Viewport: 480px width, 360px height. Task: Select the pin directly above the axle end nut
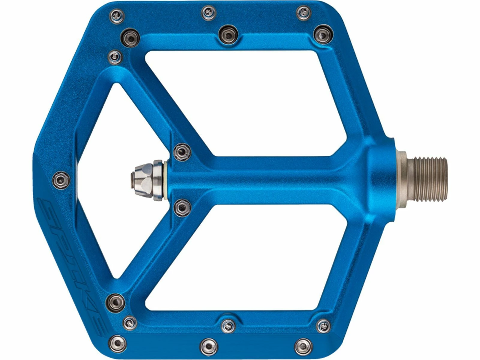coord(182,152)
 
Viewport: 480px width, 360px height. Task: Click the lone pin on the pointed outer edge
coord(61,180)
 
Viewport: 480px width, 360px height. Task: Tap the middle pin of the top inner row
coord(228,34)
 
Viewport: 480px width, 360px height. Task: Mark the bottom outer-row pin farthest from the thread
coord(117,343)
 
